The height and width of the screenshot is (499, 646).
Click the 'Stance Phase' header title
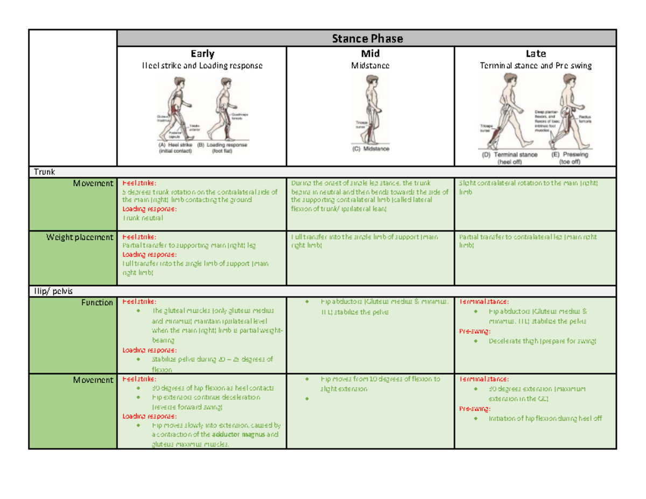pyautogui.click(x=367, y=38)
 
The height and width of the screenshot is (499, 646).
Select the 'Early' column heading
pyautogui.click(x=202, y=54)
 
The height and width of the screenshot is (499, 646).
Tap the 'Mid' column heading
pyautogui.click(x=370, y=54)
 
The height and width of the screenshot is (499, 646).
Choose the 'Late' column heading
pyautogui.click(x=536, y=54)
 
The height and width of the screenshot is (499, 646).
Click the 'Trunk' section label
pyautogui.click(x=44, y=172)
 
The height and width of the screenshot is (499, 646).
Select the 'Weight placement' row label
pyautogui.click(x=80, y=237)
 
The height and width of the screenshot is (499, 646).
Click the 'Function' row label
pyautogui.click(x=97, y=303)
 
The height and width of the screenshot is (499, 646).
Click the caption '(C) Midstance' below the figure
pyautogui.click(x=370, y=149)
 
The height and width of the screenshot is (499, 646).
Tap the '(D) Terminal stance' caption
pyautogui.click(x=509, y=154)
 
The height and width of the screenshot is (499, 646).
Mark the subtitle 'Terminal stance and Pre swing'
pyautogui.click(x=536, y=66)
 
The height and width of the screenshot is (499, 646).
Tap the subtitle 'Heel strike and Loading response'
pyautogui.click(x=202, y=66)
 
